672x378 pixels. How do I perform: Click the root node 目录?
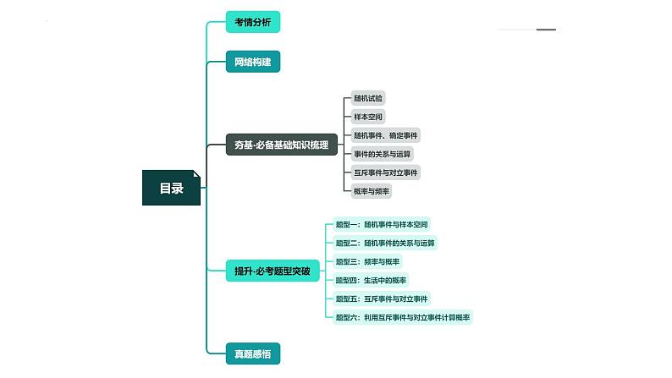tap(171, 188)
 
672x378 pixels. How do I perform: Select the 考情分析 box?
tap(253, 22)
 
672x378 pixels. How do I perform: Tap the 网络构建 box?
tap(253, 62)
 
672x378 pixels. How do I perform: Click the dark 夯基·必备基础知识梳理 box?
tap(282, 145)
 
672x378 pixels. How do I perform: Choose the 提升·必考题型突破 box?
tap(273, 271)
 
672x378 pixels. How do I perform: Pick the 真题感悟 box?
tap(253, 353)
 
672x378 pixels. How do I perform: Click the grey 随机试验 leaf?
tap(367, 98)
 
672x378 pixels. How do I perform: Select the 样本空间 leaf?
tap(367, 117)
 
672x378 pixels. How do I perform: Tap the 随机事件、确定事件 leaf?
tap(385, 135)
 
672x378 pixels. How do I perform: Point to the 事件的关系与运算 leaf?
tap(382, 154)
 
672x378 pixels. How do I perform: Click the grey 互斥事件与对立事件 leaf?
tap(385, 173)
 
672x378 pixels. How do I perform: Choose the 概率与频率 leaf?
tap(372, 191)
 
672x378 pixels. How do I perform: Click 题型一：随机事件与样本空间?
tap(382, 224)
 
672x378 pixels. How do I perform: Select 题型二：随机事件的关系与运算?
tap(385, 243)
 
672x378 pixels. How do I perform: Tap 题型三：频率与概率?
tap(367, 261)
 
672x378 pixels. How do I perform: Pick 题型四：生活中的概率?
tap(371, 280)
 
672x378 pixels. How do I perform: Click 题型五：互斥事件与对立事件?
tap(382, 299)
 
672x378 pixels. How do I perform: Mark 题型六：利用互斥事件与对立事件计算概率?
tap(402, 317)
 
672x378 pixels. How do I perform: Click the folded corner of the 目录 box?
tap(196, 174)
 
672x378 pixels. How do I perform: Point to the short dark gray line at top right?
tap(546, 30)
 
